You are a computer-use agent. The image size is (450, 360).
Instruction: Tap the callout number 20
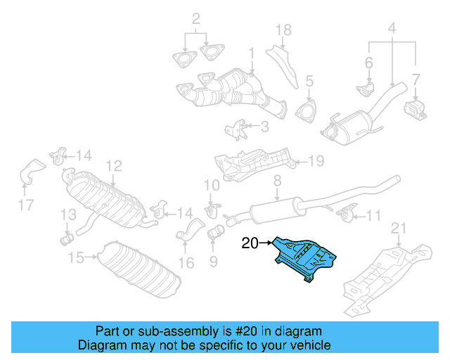point(250,244)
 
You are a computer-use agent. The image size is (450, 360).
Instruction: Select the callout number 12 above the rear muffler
point(114,166)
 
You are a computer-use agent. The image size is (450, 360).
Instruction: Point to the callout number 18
point(283,30)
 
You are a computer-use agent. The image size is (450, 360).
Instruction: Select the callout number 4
point(392,30)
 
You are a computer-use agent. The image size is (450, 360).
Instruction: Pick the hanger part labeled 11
point(345,212)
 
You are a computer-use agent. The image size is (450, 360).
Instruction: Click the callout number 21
point(399,226)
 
